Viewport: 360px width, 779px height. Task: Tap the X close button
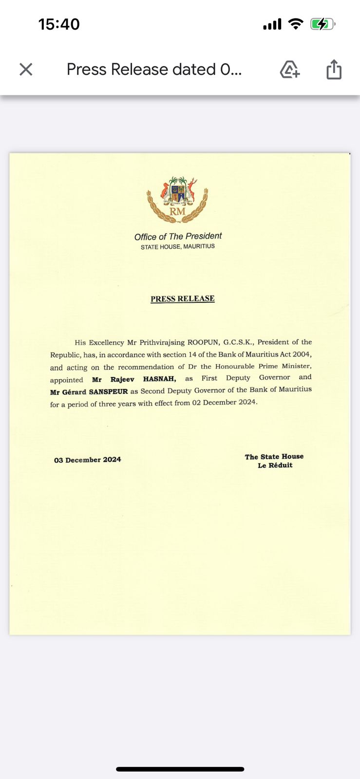(26, 70)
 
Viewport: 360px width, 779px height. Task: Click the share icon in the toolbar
(334, 69)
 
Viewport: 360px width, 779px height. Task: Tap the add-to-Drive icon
(290, 70)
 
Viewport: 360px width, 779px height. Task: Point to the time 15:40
(59, 24)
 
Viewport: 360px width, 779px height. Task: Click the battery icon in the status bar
(322, 24)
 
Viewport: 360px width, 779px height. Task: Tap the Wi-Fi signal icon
(295, 24)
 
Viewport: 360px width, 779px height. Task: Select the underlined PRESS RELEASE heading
(183, 298)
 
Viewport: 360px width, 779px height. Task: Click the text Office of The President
(178, 237)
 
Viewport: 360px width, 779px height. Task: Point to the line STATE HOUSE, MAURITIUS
(178, 247)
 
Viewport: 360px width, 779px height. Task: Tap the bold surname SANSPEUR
(108, 391)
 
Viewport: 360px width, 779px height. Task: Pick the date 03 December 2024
(88, 460)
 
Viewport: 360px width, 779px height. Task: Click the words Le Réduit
(275, 465)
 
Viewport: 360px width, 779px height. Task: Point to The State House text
(274, 457)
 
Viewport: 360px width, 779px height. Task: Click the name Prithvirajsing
(162, 342)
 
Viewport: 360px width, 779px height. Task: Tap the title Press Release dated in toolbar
(154, 70)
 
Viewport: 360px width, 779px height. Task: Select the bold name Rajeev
(122, 379)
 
